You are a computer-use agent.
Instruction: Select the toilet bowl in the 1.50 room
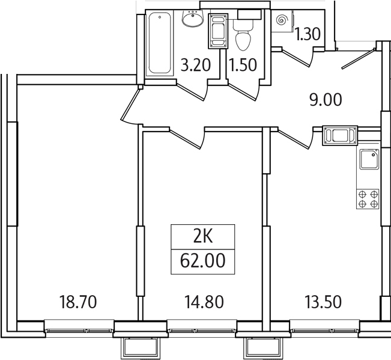pyautogui.click(x=243, y=37)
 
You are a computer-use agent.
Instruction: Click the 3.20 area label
pyautogui.click(x=196, y=65)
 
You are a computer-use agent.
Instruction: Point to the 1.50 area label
pyautogui.click(x=243, y=65)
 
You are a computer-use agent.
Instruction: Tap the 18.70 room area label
pyautogui.click(x=78, y=301)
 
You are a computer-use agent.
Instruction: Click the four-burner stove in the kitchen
pyautogui.click(x=368, y=199)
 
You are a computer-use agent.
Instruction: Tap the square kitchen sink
pyautogui.click(x=368, y=160)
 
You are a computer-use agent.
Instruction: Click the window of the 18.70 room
pyautogui.click(x=79, y=329)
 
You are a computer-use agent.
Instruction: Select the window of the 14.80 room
pyautogui.click(x=202, y=329)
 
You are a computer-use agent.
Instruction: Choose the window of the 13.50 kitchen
pyautogui.click(x=324, y=329)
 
